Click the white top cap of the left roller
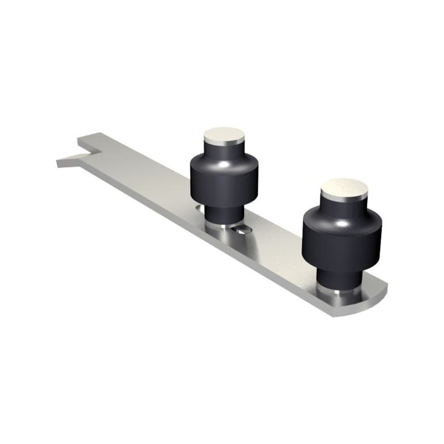coord(224,134)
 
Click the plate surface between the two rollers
coord(277,244)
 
